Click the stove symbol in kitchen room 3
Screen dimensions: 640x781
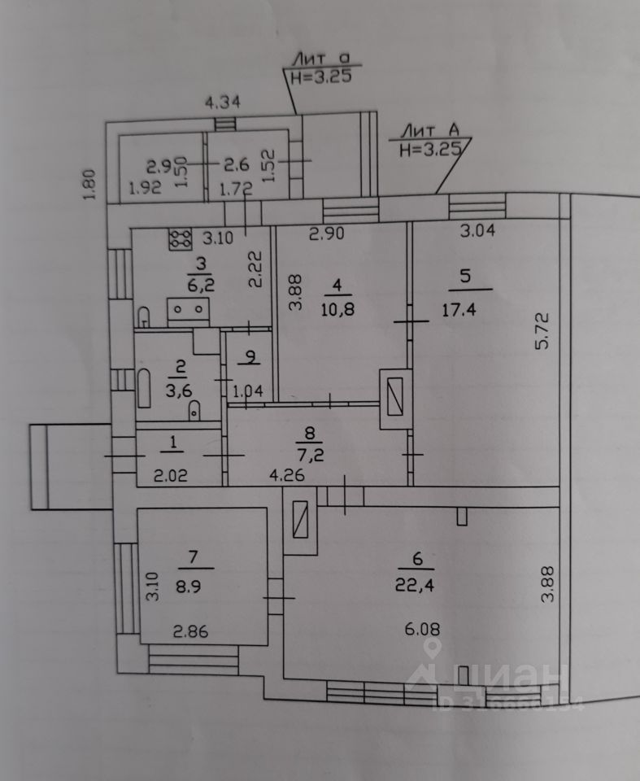point(178,238)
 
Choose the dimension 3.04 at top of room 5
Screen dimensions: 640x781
point(477,230)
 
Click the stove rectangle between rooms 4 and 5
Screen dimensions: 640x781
point(395,399)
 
